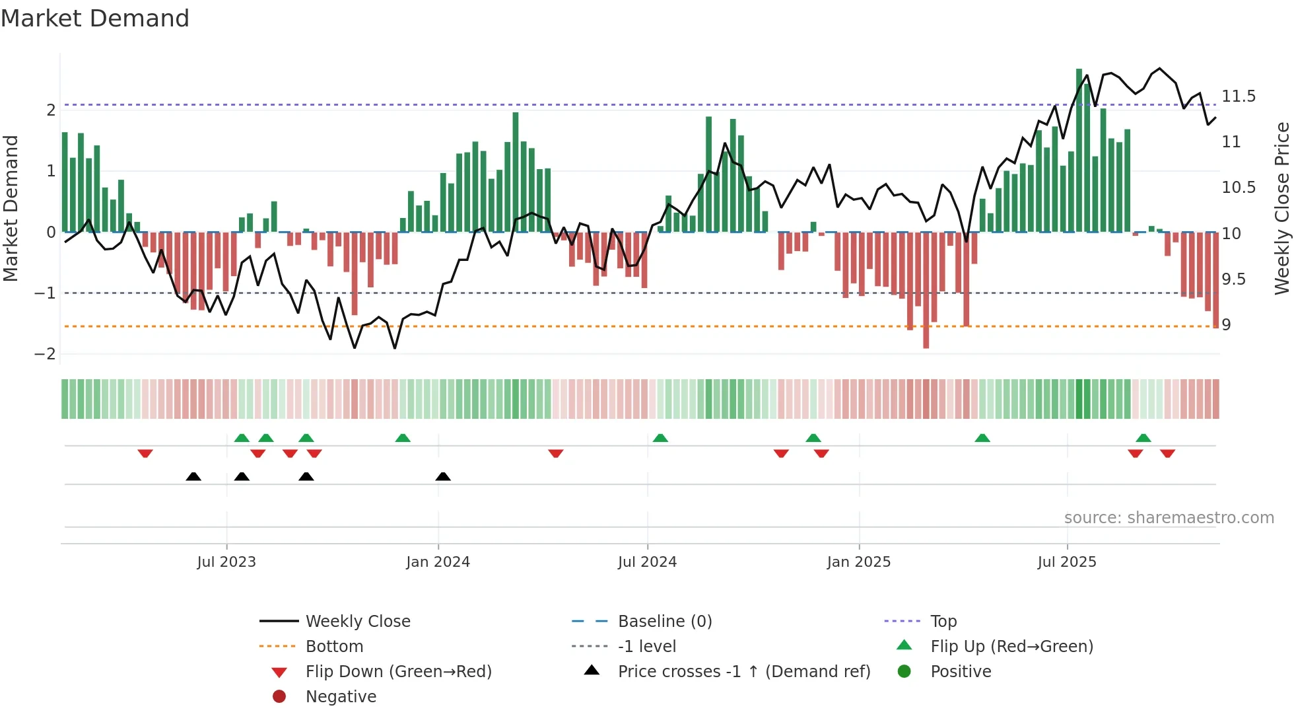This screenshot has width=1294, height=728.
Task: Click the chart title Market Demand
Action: pyautogui.click(x=95, y=18)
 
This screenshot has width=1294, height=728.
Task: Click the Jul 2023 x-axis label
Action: pyautogui.click(x=226, y=562)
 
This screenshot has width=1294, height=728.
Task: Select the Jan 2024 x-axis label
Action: pyautogui.click(x=438, y=562)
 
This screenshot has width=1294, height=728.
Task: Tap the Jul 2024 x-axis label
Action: pyautogui.click(x=647, y=562)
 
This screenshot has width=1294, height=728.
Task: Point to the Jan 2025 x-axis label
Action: pyautogui.click(x=858, y=562)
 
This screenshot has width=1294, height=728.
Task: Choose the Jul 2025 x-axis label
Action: pyautogui.click(x=1067, y=562)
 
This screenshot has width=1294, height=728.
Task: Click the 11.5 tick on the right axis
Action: pyautogui.click(x=1239, y=96)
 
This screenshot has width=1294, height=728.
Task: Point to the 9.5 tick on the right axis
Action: pyautogui.click(x=1233, y=279)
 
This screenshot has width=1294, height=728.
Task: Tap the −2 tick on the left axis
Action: pyautogui.click(x=45, y=354)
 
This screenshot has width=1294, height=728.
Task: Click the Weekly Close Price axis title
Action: pyautogui.click(x=1281, y=208)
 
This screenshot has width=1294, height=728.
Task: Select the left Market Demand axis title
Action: pyautogui.click(x=11, y=208)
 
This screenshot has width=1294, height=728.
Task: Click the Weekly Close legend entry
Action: pyautogui.click(x=357, y=622)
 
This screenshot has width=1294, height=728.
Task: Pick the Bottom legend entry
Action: pyautogui.click(x=334, y=647)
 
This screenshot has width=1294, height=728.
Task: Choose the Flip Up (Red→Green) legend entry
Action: pyautogui.click(x=1011, y=647)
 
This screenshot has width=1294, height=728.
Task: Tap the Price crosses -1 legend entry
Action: pyautogui.click(x=743, y=672)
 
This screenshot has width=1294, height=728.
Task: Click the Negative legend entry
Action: pyautogui.click(x=341, y=697)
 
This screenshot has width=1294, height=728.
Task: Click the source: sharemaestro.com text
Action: pyautogui.click(x=1169, y=518)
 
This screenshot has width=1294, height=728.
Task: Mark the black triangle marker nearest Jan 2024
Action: pyautogui.click(x=443, y=476)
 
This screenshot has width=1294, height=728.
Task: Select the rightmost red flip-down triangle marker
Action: pyautogui.click(x=1167, y=453)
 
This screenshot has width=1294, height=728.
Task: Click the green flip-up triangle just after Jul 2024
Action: pyautogui.click(x=660, y=438)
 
